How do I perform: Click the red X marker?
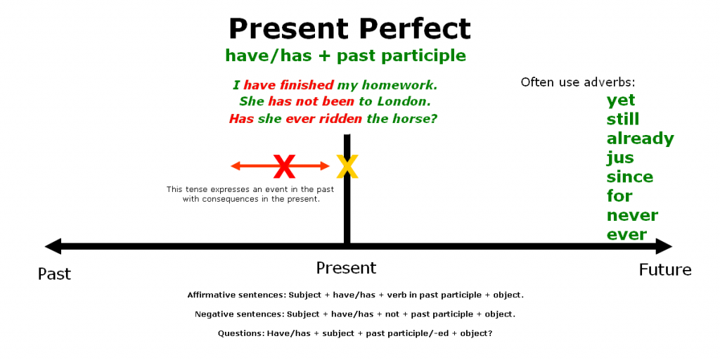pyautogui.click(x=284, y=167)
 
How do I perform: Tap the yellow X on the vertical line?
pyautogui.click(x=347, y=167)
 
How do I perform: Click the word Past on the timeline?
pyautogui.click(x=54, y=274)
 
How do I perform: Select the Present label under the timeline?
pyautogui.click(x=346, y=268)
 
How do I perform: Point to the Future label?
pyautogui.click(x=664, y=270)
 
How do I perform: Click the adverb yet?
pyautogui.click(x=621, y=101)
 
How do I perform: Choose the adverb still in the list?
pyautogui.click(x=623, y=120)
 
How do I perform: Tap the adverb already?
pyautogui.click(x=640, y=139)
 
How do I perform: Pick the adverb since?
pyautogui.click(x=630, y=176)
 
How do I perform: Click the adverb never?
pyautogui.click(x=632, y=215)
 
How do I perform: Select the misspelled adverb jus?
pyautogui.click(x=620, y=158)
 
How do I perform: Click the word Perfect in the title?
pyautogui.click(x=415, y=29)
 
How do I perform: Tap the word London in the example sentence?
pyautogui.click(x=403, y=102)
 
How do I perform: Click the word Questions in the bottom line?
pyautogui.click(x=240, y=333)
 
